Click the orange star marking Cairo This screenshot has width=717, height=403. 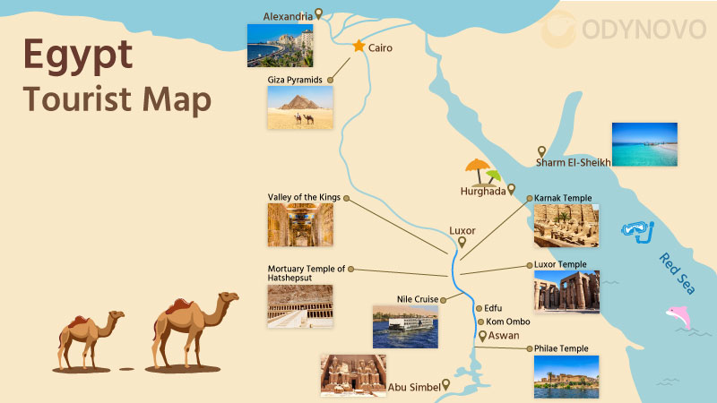pos(358,46)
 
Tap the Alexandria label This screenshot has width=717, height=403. pos(288,16)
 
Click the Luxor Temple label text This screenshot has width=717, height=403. pos(560,264)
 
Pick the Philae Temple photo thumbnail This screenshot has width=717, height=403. pos(566,377)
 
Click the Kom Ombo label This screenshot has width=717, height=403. pos(508,322)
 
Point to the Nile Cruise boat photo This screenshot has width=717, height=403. pos(405,326)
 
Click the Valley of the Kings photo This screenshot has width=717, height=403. pos(299,225)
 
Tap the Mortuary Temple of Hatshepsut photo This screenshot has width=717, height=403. pos(299,306)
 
